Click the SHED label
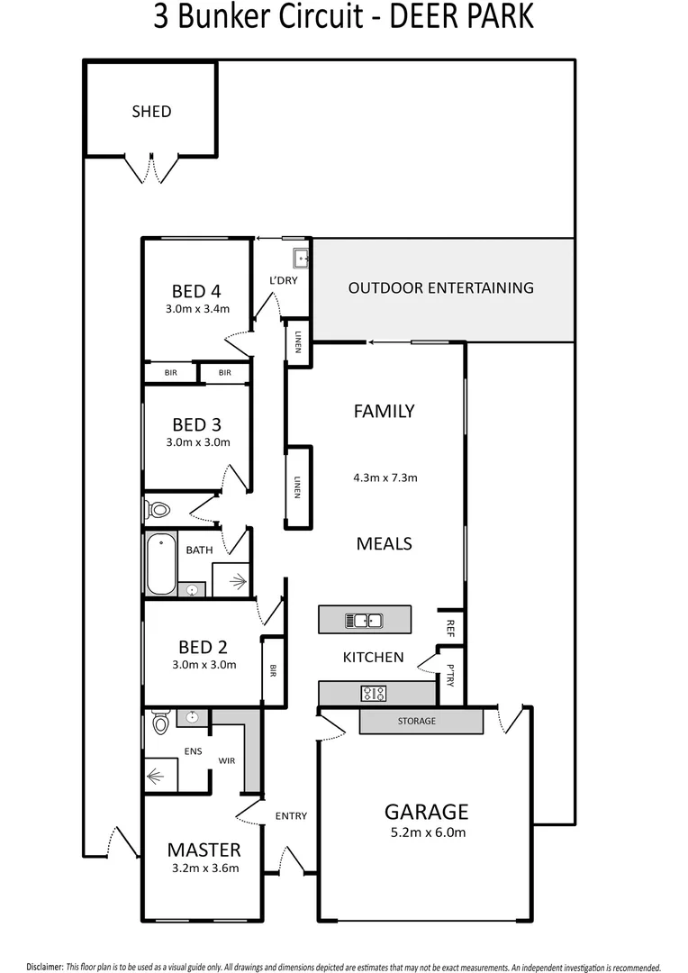pos(150,112)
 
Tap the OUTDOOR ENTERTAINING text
pos(440,288)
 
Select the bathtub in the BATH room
pos(161,564)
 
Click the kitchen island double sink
pos(364,620)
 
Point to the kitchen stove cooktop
pos(374,693)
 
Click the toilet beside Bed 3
pos(158,510)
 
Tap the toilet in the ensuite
pos(161,722)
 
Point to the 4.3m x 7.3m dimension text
pos(385,477)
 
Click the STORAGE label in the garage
pos(417,722)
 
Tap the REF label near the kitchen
pos(449,627)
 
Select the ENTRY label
pos(291,816)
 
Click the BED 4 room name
pos(196,291)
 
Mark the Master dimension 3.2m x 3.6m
pos(204,869)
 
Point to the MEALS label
pos(384,543)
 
